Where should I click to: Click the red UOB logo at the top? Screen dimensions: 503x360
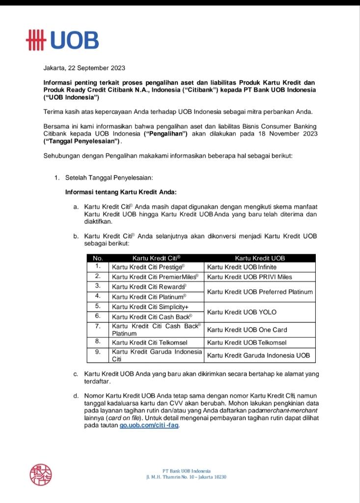click(x=62, y=41)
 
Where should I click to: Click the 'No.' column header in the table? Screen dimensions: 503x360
click(x=98, y=258)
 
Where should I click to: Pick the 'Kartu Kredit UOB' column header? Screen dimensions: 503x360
click(x=260, y=258)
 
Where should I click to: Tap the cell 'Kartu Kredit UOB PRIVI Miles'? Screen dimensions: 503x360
click(x=249, y=277)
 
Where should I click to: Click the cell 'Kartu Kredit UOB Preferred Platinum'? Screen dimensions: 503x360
click(x=260, y=292)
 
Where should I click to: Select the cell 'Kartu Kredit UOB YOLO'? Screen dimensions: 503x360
click(x=242, y=312)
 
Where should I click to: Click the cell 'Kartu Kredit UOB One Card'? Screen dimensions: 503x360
click(x=247, y=330)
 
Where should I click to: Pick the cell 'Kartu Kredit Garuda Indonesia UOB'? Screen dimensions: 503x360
click(x=258, y=355)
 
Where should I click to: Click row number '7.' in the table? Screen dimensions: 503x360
click(x=98, y=326)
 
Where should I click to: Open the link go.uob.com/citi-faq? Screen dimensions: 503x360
click(x=149, y=426)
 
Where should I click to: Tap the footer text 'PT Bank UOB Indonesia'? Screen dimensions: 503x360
click(x=186, y=471)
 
